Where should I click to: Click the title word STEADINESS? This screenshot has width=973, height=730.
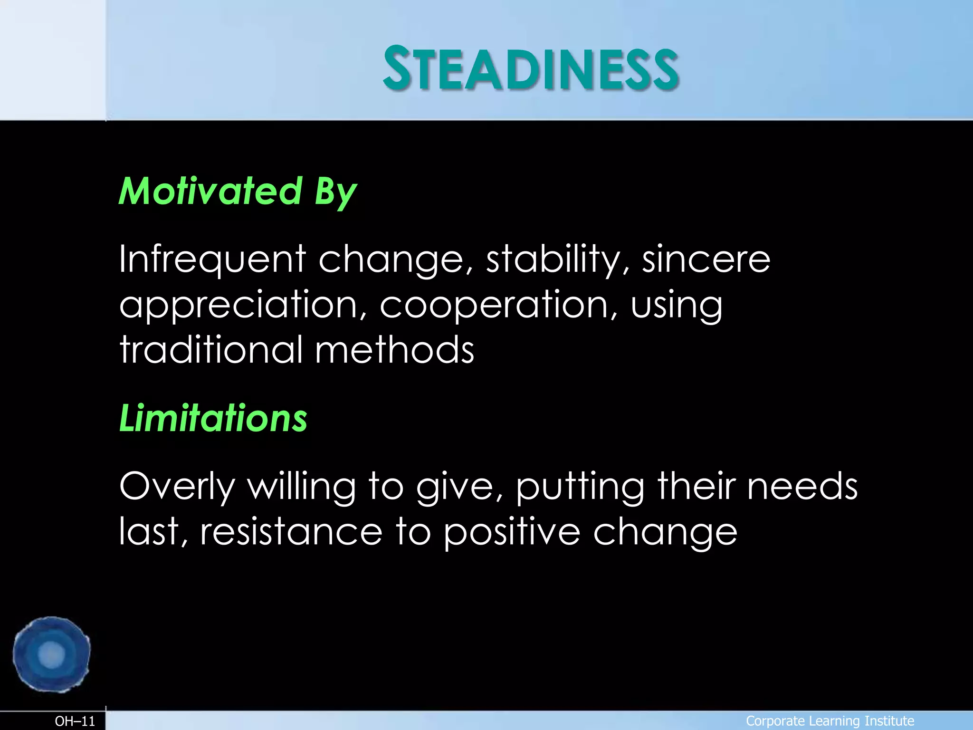point(531,69)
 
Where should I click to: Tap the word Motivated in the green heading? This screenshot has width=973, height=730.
point(210,191)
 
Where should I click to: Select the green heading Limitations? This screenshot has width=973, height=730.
point(213,418)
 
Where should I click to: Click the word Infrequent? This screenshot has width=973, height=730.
point(212,259)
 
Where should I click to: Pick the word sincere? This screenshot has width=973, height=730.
point(706,259)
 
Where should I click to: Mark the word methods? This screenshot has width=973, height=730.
point(394,349)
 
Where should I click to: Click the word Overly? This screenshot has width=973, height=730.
point(177,487)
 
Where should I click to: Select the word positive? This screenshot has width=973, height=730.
point(512,532)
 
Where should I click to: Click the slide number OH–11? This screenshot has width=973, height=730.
point(75,721)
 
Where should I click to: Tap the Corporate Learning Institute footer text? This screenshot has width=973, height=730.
point(830,721)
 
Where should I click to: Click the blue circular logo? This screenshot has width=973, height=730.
point(51,654)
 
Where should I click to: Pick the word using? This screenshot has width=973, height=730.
point(677,305)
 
